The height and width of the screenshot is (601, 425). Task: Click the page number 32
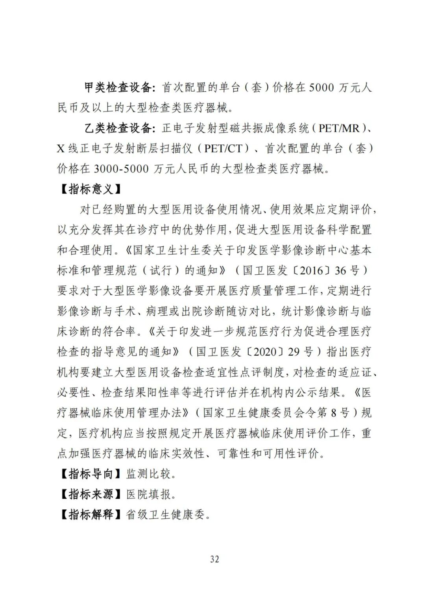(214, 559)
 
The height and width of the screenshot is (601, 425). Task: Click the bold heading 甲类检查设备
(118, 87)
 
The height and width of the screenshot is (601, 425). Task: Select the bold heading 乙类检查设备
(118, 128)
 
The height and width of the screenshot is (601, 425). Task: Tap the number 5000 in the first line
(322, 87)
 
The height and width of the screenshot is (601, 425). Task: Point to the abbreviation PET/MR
(339, 128)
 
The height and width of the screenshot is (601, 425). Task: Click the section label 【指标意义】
(91, 189)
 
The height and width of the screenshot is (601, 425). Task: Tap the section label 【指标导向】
(91, 473)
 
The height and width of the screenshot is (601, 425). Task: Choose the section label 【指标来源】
(91, 494)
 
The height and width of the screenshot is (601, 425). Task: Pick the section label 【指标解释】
(91, 514)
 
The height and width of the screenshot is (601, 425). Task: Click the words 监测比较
(148, 473)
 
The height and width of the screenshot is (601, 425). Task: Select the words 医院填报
(148, 494)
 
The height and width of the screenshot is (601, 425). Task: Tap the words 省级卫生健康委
(165, 514)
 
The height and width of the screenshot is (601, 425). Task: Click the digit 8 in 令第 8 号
(334, 413)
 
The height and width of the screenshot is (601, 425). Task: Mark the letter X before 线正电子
(61, 149)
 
